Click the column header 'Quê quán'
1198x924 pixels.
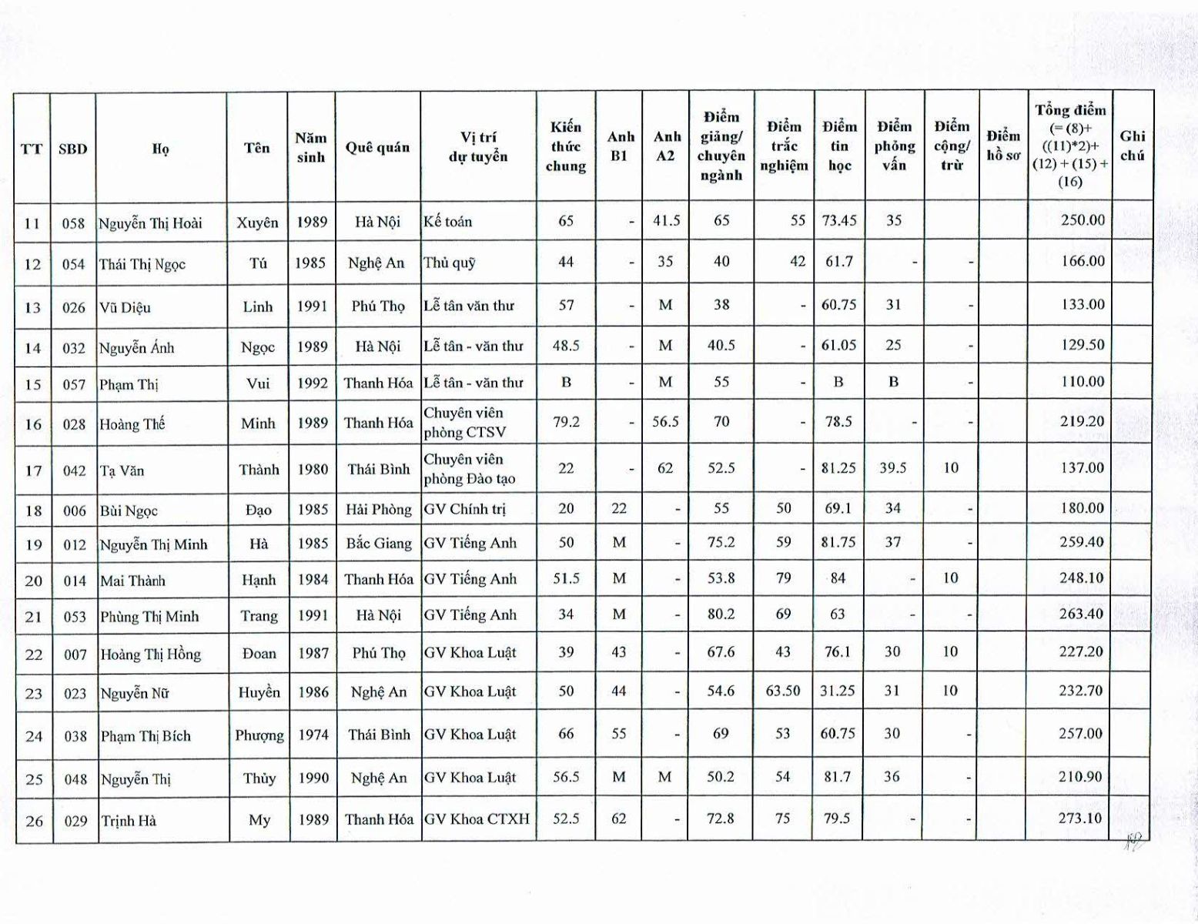pos(377,147)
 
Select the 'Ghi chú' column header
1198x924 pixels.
pos(1132,146)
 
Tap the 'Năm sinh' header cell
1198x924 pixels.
pos(311,147)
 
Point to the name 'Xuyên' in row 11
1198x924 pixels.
pos(257,223)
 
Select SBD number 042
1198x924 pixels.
pos(75,470)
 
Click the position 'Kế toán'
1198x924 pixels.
pos(447,222)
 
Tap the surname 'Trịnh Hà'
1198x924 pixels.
pos(129,821)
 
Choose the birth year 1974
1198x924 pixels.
pos(313,735)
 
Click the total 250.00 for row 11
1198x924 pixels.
pos(1083,220)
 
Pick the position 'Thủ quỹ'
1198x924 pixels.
pos(450,263)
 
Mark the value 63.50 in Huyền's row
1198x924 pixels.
pos(783,691)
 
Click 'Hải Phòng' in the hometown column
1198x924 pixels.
pos(378,509)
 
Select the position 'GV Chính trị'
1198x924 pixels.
pos(467,509)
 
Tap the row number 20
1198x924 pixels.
pos(33,581)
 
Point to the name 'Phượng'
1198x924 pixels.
pos(259,735)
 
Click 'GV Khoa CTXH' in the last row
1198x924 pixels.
pos(477,819)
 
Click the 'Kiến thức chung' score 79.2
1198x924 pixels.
pos(566,422)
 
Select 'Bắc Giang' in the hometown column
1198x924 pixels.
pos(379,544)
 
